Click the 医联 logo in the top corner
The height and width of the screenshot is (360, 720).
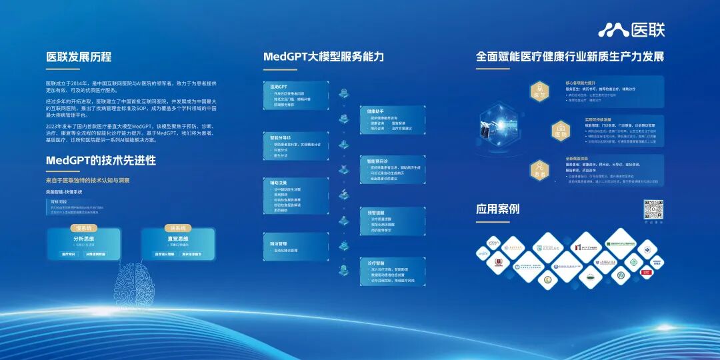(631, 29)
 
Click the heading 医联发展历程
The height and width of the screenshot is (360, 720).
(79, 57)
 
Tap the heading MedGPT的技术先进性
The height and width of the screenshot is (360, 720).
(101, 160)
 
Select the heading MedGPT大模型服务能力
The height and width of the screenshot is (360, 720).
(323, 57)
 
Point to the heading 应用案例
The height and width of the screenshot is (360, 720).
(497, 209)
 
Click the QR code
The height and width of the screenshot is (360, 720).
(653, 209)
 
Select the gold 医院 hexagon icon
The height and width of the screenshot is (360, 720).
(561, 131)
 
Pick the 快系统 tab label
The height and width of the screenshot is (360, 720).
(177, 228)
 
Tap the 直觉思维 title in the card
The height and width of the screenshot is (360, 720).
(177, 238)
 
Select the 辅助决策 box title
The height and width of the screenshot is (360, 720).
(279, 182)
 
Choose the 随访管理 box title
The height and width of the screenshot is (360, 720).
(279, 244)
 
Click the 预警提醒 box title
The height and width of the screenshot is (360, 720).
(377, 212)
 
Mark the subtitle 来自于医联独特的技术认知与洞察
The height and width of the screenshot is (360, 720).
(87, 180)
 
